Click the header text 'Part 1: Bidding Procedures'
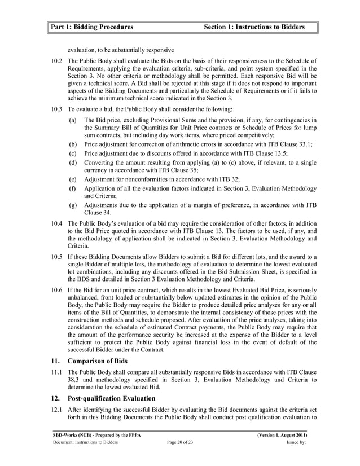click(x=91, y=27)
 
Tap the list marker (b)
click(x=73, y=144)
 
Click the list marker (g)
click(x=73, y=205)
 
